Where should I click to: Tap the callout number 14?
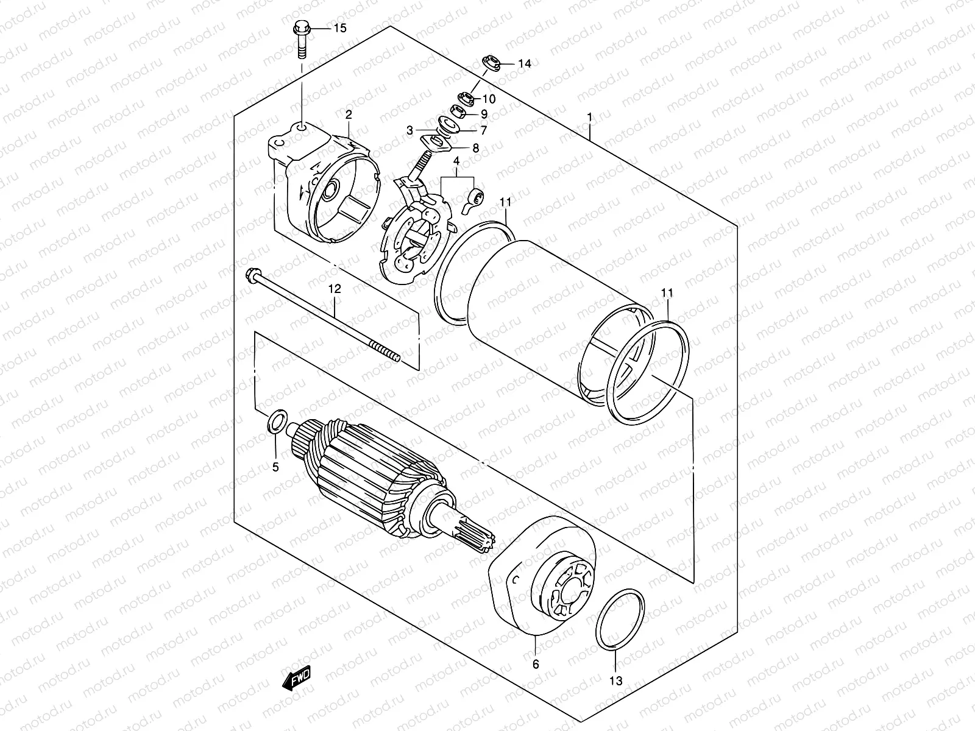point(525,63)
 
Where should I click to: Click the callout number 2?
point(349,114)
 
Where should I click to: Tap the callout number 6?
point(536,664)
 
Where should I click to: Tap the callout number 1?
point(589,116)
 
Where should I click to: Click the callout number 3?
point(411,130)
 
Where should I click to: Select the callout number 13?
point(616,681)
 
